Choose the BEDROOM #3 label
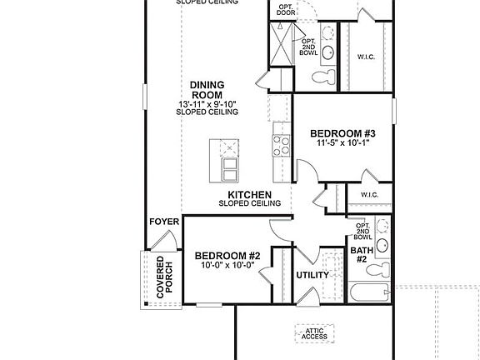click(x=343, y=133)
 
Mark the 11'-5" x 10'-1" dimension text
click(x=343, y=143)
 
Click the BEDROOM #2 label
click(x=227, y=255)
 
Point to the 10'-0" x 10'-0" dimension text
click(x=227, y=265)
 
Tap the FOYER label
click(x=163, y=222)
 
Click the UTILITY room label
click(x=312, y=275)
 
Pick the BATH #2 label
click(x=360, y=254)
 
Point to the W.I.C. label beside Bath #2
click(x=370, y=195)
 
